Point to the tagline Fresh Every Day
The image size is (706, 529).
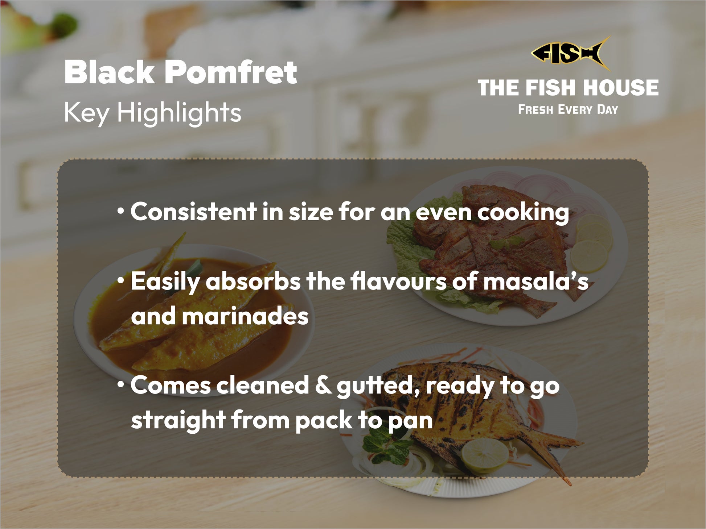click(568, 109)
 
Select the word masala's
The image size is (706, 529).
click(536, 282)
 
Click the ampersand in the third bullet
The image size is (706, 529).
click(323, 385)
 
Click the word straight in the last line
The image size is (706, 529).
click(178, 421)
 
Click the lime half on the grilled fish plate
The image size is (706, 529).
click(485, 455)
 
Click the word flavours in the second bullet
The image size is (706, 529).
click(399, 281)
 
